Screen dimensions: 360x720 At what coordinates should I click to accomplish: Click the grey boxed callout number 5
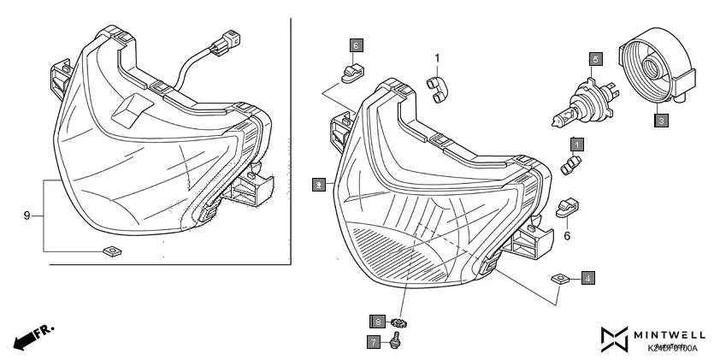point(596,59)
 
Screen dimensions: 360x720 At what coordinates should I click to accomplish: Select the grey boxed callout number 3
point(661,121)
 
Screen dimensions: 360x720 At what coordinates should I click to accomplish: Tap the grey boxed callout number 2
point(318,184)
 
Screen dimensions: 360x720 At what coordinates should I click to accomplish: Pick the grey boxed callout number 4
point(587,277)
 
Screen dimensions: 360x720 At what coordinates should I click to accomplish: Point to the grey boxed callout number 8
point(376,321)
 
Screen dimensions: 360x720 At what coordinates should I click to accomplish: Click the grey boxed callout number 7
point(375,341)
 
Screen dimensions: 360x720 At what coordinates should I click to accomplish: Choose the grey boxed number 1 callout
point(578,144)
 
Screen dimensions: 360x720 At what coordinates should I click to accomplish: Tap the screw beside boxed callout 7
point(397,342)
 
